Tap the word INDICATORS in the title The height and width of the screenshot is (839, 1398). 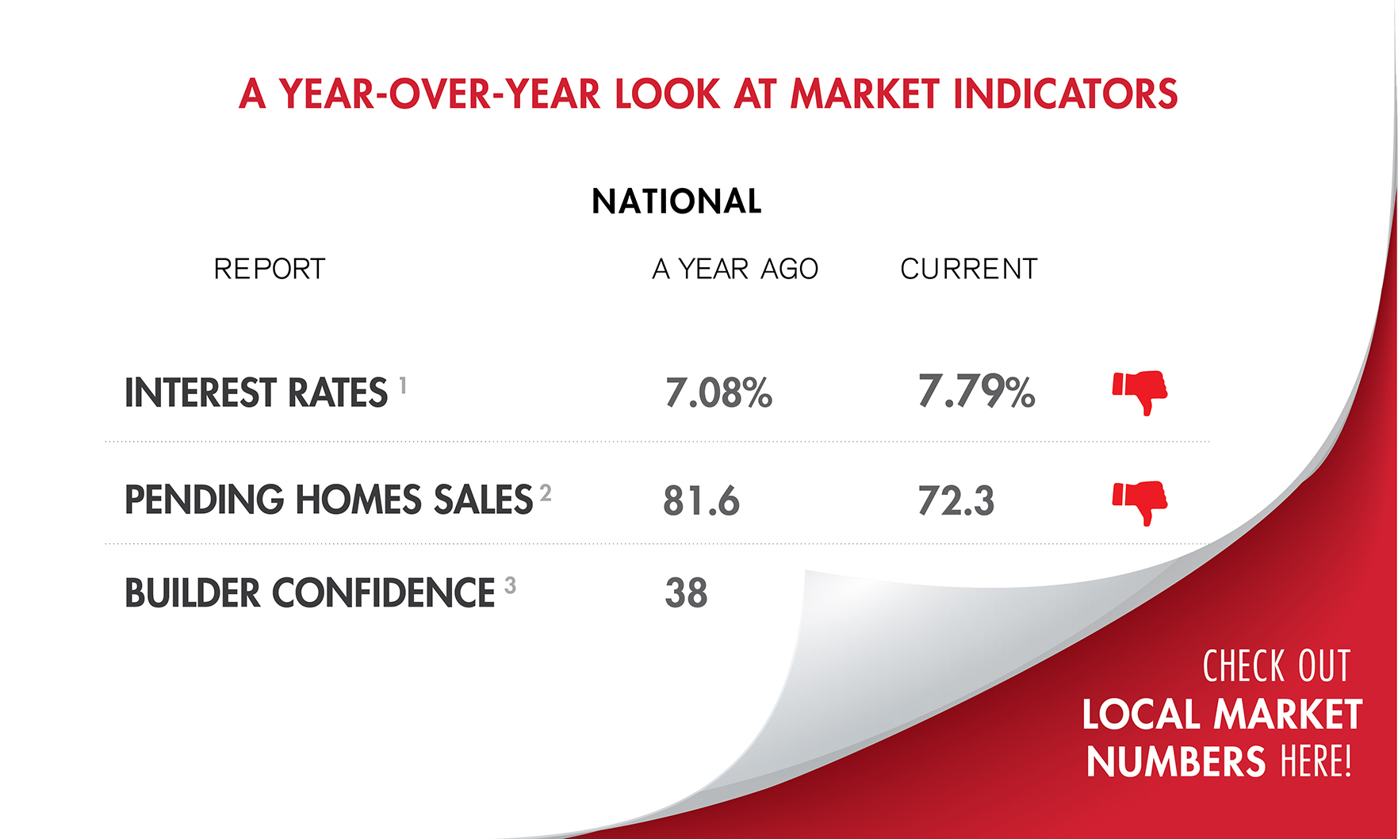(1065, 94)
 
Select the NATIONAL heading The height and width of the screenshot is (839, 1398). (676, 201)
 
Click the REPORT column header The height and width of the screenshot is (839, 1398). (270, 270)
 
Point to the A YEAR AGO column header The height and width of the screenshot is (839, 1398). (735, 270)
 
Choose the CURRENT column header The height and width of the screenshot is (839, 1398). (968, 270)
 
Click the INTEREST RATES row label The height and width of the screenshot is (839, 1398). (256, 393)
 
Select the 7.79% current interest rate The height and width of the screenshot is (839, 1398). (976, 392)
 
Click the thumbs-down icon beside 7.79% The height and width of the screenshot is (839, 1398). (1140, 392)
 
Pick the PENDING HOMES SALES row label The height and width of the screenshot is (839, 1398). (328, 500)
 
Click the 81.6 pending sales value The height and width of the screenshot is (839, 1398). (701, 501)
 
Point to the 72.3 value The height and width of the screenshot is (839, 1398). (956, 501)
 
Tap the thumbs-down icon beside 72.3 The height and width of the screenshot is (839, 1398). (1140, 502)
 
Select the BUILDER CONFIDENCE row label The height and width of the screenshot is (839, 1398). (310, 593)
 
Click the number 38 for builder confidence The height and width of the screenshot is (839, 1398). (686, 593)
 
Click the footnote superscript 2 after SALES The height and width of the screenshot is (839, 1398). (546, 493)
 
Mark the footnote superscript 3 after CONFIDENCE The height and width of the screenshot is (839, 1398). (510, 585)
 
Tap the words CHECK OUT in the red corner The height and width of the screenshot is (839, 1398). (1276, 666)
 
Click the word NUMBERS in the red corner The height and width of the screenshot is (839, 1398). (1176, 762)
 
